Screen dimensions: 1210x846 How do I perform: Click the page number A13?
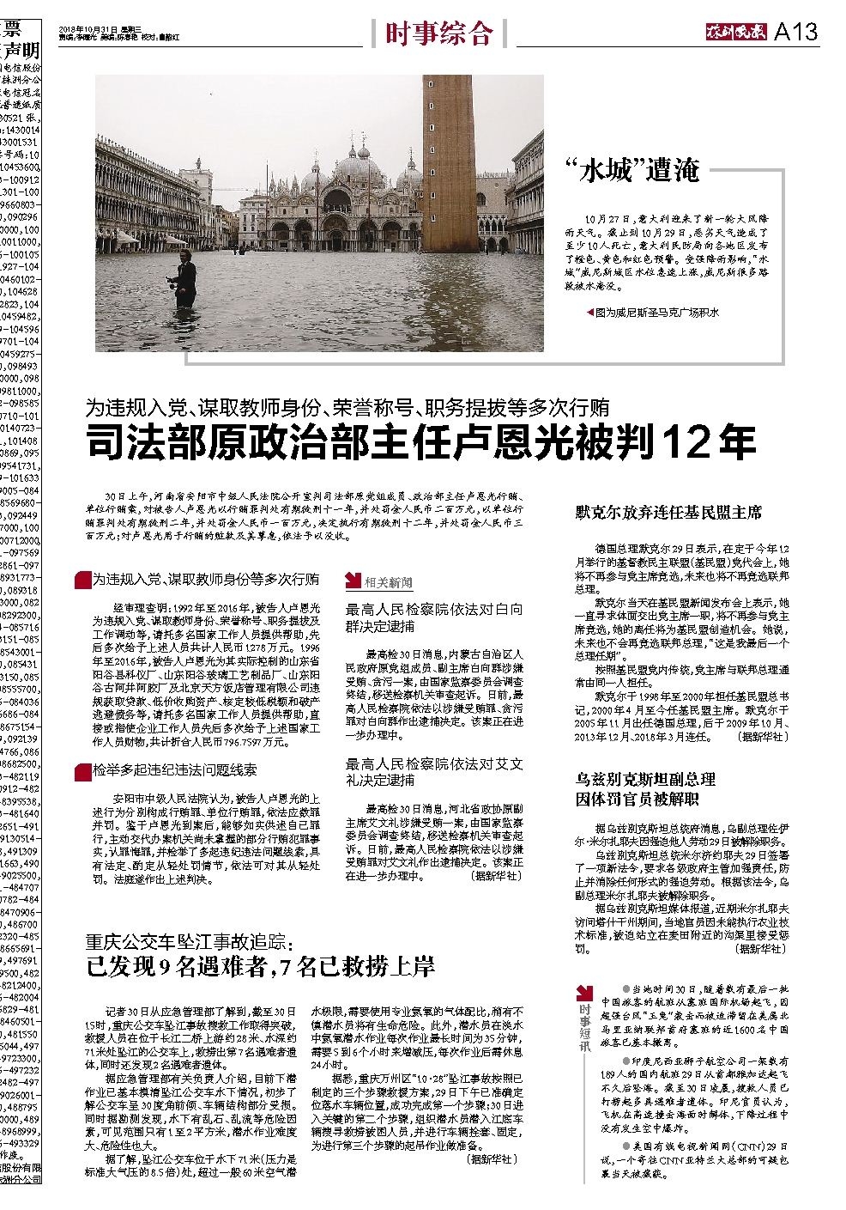(795, 33)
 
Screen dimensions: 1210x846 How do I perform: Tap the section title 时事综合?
(438, 33)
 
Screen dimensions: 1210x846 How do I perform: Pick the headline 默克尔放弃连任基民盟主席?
(668, 514)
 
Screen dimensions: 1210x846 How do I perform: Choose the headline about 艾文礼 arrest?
(433, 771)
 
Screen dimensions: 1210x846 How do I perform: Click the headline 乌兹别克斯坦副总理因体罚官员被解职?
(645, 789)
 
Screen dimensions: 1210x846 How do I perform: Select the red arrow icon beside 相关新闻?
(353, 581)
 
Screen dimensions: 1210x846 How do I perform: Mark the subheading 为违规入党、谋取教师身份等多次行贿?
(205, 580)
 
